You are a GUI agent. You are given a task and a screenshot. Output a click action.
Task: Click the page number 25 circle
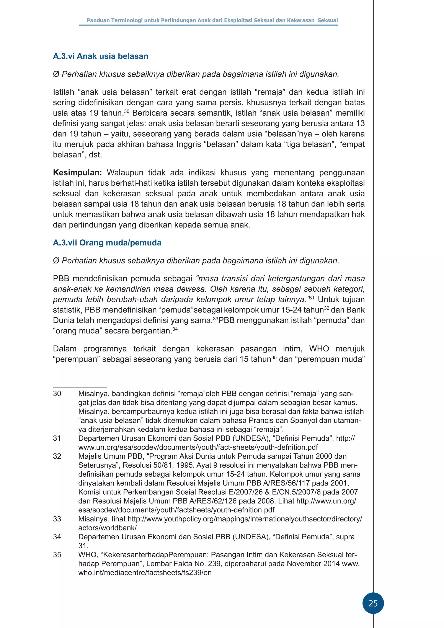[x=373, y=603]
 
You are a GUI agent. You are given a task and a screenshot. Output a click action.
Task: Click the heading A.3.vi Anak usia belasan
[x=100, y=56]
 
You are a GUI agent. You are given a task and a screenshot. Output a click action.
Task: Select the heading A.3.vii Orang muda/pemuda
[x=107, y=243]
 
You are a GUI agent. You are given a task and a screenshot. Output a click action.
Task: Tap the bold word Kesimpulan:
[x=77, y=173]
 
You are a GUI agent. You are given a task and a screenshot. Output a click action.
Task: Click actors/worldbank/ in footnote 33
[x=107, y=528]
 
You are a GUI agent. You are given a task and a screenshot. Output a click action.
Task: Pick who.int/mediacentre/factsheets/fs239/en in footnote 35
[x=145, y=573]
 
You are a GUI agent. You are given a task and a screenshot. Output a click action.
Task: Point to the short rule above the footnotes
[x=80, y=387]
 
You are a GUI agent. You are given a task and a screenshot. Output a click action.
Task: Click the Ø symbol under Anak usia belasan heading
[x=56, y=74]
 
